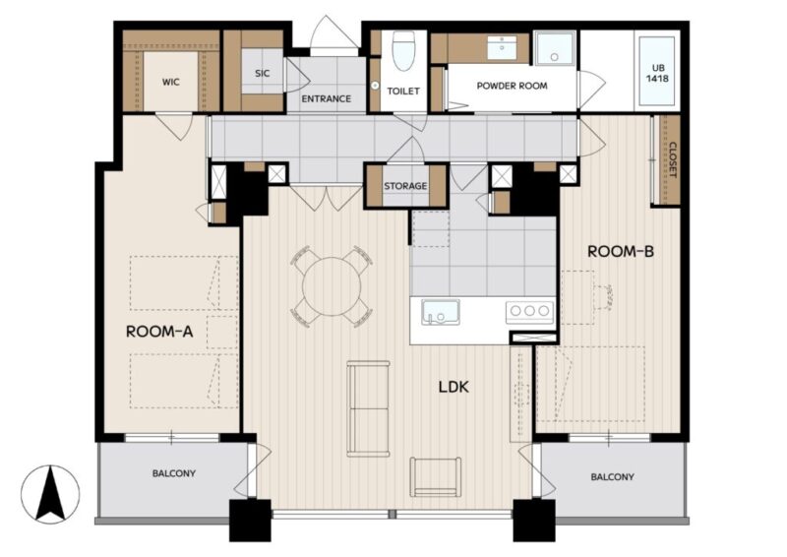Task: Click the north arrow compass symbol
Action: tap(50, 494)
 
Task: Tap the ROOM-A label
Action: tap(159, 332)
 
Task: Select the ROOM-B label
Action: tap(621, 251)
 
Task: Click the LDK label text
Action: tap(454, 387)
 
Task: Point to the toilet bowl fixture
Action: tap(403, 51)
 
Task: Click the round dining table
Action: tap(332, 286)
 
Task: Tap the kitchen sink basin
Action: tap(440, 312)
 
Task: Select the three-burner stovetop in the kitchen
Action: tap(529, 311)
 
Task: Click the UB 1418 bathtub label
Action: tap(657, 73)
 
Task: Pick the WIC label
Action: tap(170, 82)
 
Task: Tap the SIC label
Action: tap(262, 74)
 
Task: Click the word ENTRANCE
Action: tap(327, 99)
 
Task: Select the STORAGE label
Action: tap(405, 186)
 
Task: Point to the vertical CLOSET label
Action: tap(673, 160)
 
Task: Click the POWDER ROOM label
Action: tap(512, 86)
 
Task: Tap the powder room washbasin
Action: tap(503, 47)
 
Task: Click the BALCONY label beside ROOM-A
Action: tap(174, 473)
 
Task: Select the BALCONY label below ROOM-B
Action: tap(612, 476)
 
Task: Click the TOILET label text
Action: tap(403, 92)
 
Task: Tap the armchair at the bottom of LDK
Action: tap(436, 476)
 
